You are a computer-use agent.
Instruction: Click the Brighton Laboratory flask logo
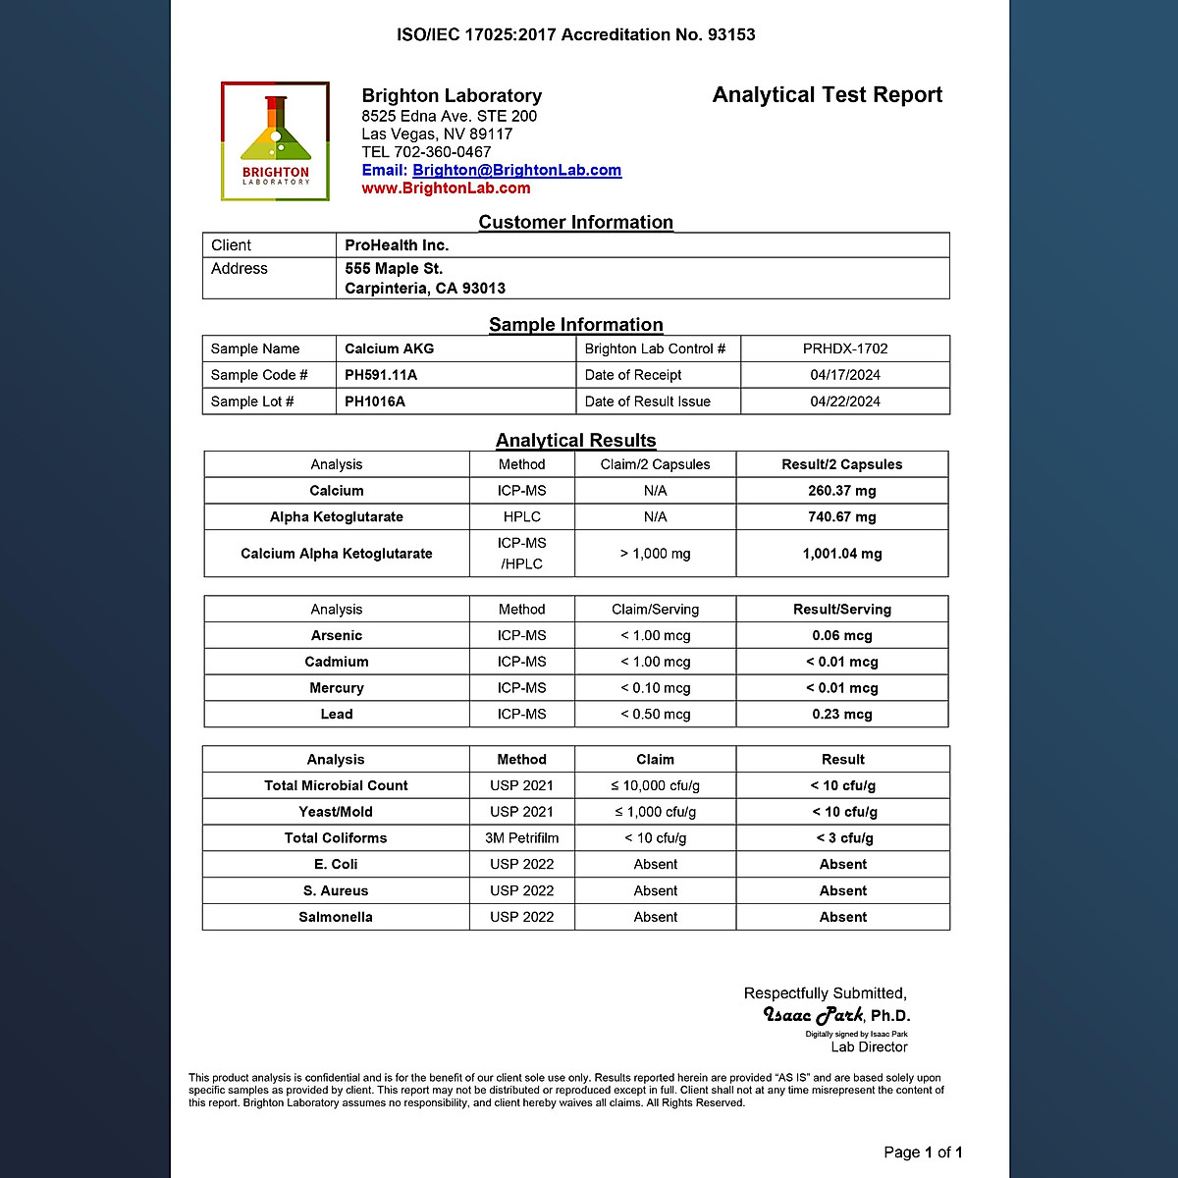coord(275,141)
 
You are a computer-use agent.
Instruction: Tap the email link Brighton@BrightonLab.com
coord(516,170)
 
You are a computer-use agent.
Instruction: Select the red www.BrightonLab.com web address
coord(446,188)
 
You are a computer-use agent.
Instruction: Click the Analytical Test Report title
coord(827,95)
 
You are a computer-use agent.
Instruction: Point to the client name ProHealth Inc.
coord(397,245)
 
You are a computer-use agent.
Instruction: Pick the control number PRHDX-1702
coord(844,348)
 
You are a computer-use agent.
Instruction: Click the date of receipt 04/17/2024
coord(844,375)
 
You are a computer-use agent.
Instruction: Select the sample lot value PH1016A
coord(375,402)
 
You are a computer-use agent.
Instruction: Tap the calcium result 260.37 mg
coord(841,491)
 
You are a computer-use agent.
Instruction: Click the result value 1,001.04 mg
coord(841,554)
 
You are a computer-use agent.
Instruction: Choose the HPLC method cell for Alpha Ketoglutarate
coord(521,517)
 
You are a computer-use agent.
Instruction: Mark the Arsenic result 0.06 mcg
coord(841,636)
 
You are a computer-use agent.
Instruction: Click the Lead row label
coord(336,715)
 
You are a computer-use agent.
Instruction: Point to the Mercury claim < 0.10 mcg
coord(655,688)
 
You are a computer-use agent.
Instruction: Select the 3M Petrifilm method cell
coord(521,838)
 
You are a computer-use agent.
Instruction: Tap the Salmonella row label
coord(336,917)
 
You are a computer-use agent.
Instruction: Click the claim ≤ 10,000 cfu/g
coord(655,785)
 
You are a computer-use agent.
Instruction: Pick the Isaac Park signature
coord(814,1015)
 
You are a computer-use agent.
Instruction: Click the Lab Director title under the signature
coord(869,1047)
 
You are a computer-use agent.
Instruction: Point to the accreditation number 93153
coord(731,35)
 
